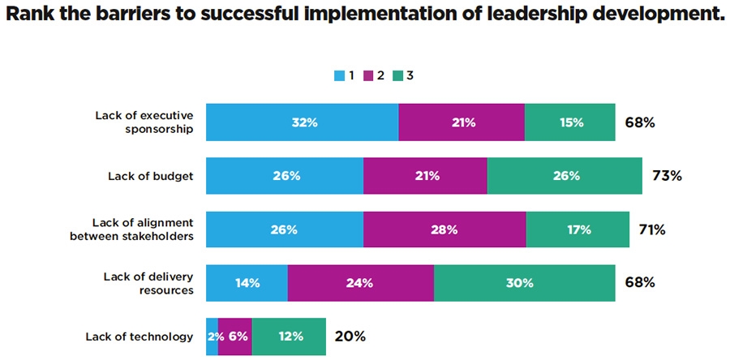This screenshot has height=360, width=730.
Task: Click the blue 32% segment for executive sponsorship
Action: coord(302,122)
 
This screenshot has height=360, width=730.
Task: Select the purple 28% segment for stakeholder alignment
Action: coord(444,229)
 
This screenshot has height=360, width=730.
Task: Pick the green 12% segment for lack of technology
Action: coord(289,336)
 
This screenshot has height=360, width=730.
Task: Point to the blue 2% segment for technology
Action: coord(212,336)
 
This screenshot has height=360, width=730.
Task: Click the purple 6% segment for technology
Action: coord(235,336)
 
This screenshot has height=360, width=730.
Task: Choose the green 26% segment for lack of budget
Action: coord(565,176)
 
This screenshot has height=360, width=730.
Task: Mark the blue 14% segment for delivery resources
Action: coord(247,283)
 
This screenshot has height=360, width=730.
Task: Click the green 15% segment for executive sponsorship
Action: coord(569,122)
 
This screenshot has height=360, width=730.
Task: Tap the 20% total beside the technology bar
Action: coord(350,336)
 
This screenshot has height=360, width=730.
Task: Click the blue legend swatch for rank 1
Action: coord(339,76)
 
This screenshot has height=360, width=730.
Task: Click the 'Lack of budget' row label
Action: coord(150,176)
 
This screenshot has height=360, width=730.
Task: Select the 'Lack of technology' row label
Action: coord(139,336)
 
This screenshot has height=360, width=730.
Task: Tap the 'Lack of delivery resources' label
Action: coord(148,283)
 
